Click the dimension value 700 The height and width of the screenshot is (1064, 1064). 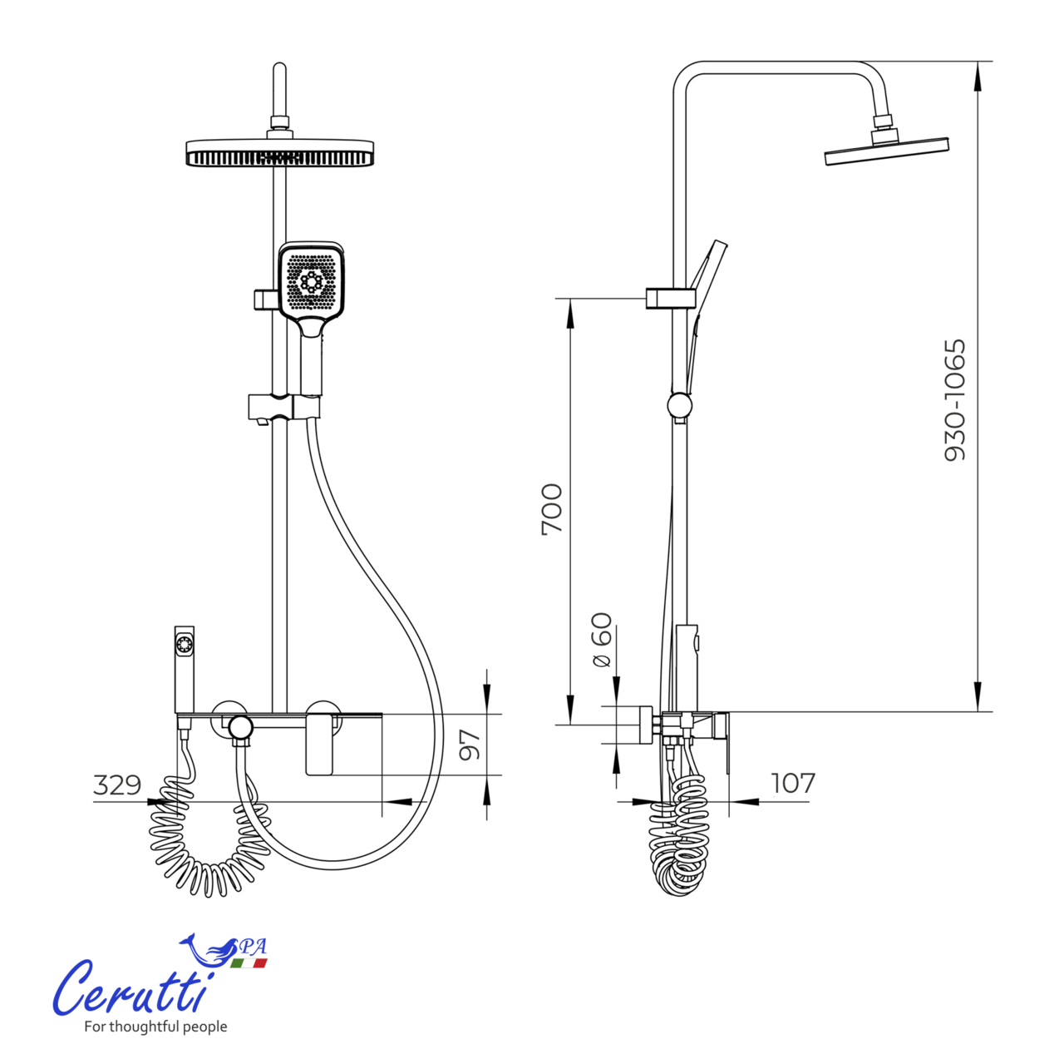(552, 509)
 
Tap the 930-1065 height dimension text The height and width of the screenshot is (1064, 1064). (954, 399)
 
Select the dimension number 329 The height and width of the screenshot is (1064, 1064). (117, 784)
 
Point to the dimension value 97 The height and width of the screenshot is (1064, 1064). (470, 744)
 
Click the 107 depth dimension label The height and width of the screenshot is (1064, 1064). (792, 783)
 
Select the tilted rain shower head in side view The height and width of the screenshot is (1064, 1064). (886, 151)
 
